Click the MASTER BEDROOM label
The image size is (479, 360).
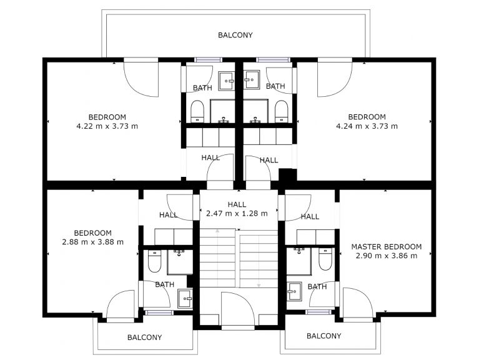pyautogui.click(x=386, y=247)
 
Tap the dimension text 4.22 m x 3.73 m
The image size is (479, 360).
pyautogui.click(x=107, y=126)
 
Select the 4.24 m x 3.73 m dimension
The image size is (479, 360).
pyautogui.click(x=367, y=126)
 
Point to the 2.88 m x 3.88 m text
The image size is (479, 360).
pyautogui.click(x=92, y=242)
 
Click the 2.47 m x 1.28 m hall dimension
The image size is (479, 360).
pyautogui.click(x=237, y=213)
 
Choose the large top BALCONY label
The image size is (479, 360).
pyautogui.click(x=235, y=35)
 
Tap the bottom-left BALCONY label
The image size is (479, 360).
pyautogui.click(x=144, y=337)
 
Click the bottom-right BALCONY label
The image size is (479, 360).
pyautogui.click(x=323, y=336)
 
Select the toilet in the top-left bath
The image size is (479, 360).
pyautogui.click(x=197, y=111)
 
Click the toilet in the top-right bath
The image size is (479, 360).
pyautogui.click(x=281, y=111)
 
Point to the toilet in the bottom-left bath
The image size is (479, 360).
pyautogui.click(x=154, y=261)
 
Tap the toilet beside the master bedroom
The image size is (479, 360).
pyautogui.click(x=325, y=259)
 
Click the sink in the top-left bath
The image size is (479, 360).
pyautogui.click(x=226, y=81)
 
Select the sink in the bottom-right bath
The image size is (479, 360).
pyautogui.click(x=294, y=291)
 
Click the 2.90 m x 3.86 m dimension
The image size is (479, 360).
pyautogui.click(x=387, y=256)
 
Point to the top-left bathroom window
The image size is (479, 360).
pyautogui.click(x=209, y=59)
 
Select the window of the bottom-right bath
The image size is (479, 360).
pyautogui.click(x=319, y=312)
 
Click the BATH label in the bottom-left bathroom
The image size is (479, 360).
pyautogui.click(x=165, y=284)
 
